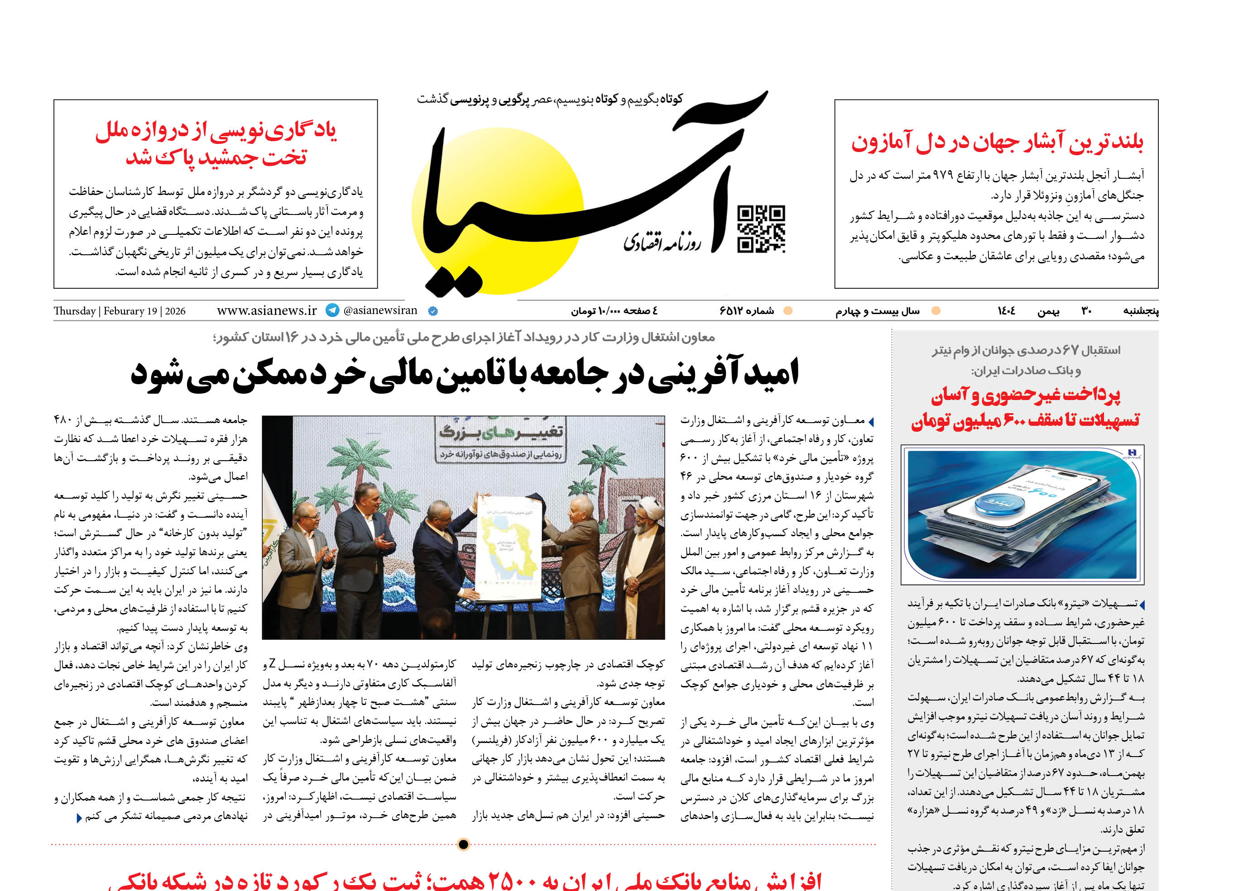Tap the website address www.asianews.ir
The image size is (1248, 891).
click(267, 310)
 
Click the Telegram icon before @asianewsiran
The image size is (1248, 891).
click(332, 310)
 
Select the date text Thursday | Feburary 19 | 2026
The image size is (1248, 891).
click(120, 311)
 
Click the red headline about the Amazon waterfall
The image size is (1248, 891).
click(997, 142)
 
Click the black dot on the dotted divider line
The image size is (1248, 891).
click(463, 844)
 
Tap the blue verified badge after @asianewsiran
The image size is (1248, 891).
click(432, 311)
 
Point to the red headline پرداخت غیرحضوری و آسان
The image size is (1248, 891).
click(1025, 395)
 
